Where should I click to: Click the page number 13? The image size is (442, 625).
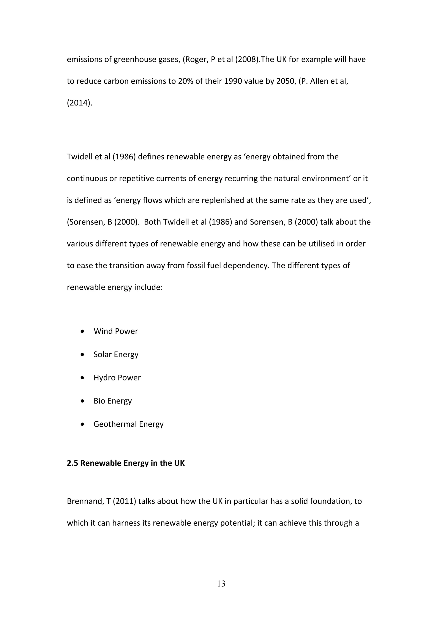point(221,584)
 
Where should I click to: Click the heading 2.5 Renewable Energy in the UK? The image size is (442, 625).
point(126,463)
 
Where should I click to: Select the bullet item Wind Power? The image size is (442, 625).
point(116,331)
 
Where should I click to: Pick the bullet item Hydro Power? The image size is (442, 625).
point(117,378)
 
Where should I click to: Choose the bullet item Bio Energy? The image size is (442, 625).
point(112,401)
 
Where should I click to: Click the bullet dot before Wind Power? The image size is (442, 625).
point(82,331)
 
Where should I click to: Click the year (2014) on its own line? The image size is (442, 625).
point(79,103)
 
